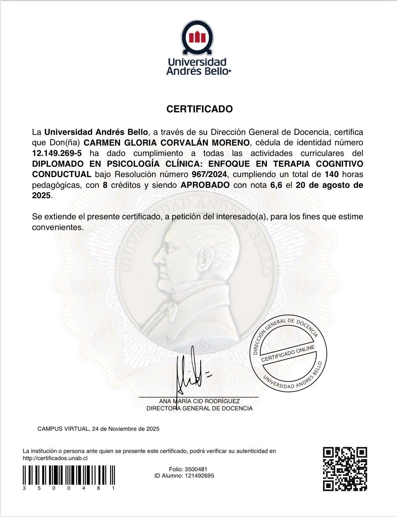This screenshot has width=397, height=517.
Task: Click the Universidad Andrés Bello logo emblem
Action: (198, 37)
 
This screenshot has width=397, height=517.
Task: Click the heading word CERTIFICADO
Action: (200, 109)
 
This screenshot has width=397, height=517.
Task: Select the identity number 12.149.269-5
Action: (57, 153)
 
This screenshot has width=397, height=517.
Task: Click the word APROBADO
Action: (205, 185)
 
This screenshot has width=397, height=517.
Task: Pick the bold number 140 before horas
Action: (332, 175)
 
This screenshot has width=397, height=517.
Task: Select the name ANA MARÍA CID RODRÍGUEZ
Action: (199, 401)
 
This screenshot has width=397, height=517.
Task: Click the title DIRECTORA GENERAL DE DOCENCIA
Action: (199, 408)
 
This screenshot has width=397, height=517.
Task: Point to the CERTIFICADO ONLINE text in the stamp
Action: (288, 354)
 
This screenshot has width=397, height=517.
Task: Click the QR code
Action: (345, 469)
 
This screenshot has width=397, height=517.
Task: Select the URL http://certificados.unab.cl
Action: (55, 458)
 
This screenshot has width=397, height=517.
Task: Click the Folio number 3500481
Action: (195, 469)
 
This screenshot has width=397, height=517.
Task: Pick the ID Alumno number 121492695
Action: (199, 476)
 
